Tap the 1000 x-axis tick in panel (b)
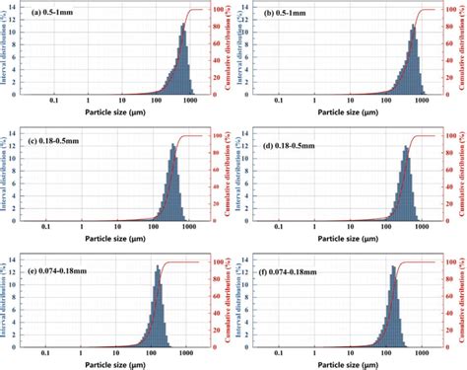421,101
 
